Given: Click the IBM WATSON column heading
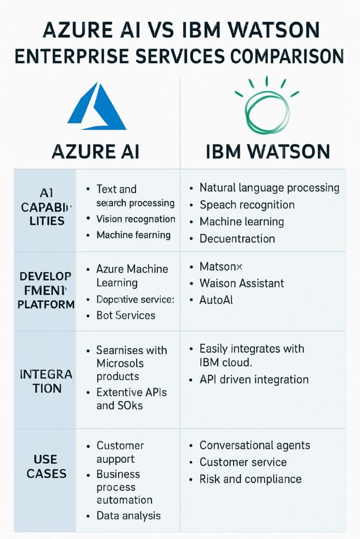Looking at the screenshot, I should (267, 151).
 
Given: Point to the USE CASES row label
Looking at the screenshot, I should (46, 466).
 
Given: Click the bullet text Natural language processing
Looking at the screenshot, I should (269, 188).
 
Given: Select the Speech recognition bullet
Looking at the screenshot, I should (247, 205).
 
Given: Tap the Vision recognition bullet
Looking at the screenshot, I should (135, 219).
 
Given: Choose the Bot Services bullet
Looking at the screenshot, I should (125, 315).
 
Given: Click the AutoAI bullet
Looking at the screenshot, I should (216, 300).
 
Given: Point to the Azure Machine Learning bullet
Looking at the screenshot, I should (132, 275).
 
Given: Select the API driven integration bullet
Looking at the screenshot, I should (254, 380).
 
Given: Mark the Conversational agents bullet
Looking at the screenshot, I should (255, 445).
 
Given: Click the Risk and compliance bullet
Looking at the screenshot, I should (250, 479).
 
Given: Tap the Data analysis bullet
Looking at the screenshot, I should (128, 516).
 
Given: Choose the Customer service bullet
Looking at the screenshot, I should (242, 462).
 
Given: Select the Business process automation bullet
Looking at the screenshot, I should (124, 487).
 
